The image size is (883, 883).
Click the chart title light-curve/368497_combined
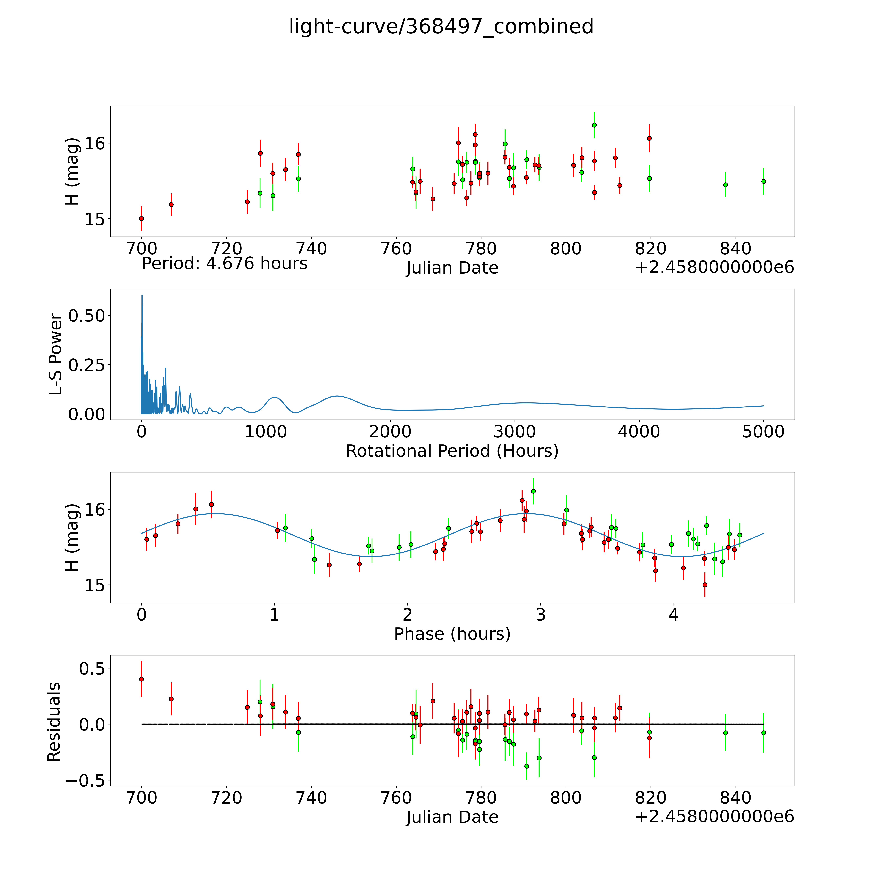[x=441, y=26]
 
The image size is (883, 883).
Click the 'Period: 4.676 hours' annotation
[x=224, y=264]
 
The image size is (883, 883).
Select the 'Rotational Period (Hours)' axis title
[x=452, y=451]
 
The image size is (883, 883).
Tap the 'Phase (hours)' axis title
[x=452, y=634]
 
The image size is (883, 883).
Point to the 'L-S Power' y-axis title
[x=56, y=354]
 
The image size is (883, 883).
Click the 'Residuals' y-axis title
[x=54, y=722]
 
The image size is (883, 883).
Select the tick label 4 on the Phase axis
[x=673, y=615]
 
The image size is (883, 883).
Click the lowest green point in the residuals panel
[x=527, y=766]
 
